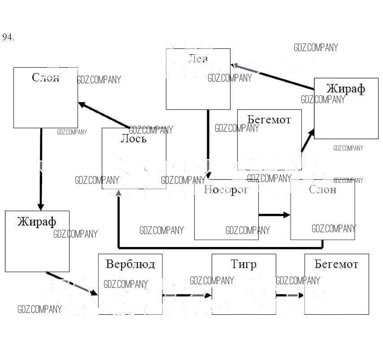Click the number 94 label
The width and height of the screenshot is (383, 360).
coord(8,38)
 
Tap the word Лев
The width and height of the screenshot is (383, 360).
coord(198,59)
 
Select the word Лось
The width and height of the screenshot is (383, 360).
coord(133,139)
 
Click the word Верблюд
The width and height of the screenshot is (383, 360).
coord(130,264)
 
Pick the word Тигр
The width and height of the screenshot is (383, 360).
coord(243,264)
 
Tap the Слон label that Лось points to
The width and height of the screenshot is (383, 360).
coord(45,78)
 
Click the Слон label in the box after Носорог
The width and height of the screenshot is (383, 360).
coord(322,190)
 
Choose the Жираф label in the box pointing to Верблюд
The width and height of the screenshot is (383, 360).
coord(37,221)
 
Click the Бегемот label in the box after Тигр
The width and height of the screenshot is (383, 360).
coord(336,264)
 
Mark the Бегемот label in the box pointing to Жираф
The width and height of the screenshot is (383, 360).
coord(269,120)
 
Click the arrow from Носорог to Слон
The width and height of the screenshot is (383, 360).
coord(274,215)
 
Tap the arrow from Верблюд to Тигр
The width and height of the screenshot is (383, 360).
coord(187,295)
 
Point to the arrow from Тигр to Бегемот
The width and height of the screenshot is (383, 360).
coord(289,295)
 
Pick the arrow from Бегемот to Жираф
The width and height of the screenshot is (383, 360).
coord(307,141)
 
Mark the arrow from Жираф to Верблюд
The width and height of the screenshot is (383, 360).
coord(72,283)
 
